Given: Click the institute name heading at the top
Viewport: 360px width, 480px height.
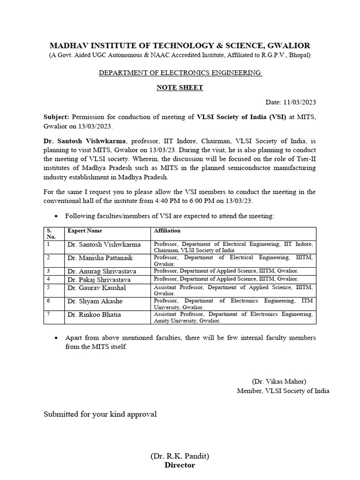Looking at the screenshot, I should pyautogui.click(x=180, y=45).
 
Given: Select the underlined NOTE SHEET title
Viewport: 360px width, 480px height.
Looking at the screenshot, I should pyautogui.click(x=180, y=87).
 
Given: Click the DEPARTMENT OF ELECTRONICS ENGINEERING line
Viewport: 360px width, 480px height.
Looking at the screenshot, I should pyautogui.click(x=180, y=73).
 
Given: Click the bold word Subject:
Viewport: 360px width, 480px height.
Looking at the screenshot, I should pyautogui.click(x=56, y=117).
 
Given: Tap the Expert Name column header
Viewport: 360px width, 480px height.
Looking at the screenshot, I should pyautogui.click(x=85, y=231).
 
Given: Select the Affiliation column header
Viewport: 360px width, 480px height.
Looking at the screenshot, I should pyautogui.click(x=167, y=231).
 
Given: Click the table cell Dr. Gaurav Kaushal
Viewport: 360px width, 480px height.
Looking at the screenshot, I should pyautogui.click(x=97, y=288).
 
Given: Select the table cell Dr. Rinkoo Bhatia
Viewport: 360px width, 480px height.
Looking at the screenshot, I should pyautogui.click(x=94, y=315).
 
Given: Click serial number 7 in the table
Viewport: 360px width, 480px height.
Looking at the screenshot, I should pyautogui.click(x=48, y=314).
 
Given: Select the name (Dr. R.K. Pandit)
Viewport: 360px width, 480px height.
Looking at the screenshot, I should pyautogui.click(x=180, y=456).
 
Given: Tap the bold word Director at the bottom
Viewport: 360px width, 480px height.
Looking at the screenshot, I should pyautogui.click(x=180, y=465).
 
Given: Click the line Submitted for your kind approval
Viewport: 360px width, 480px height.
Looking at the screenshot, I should pyautogui.click(x=100, y=414).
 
